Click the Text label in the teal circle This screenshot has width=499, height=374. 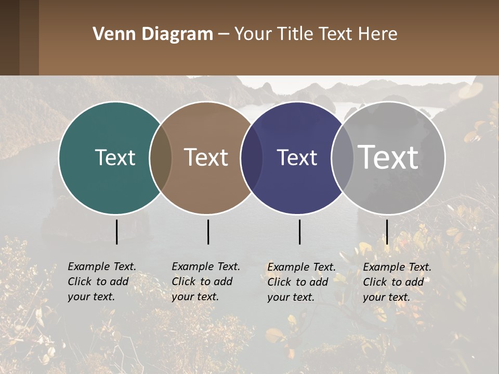click(x=115, y=157)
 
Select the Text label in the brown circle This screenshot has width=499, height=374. click(x=206, y=157)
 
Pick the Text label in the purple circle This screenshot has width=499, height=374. click(x=297, y=157)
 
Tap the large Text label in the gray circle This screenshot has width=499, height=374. click(x=388, y=157)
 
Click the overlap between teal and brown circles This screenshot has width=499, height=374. click(x=161, y=157)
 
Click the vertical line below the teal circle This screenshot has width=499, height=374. click(x=117, y=232)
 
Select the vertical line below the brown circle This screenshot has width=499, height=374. click(x=208, y=232)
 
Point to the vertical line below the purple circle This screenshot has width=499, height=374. click(x=300, y=232)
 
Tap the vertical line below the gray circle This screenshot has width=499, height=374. click(x=387, y=232)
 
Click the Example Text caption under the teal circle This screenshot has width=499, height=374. click(x=101, y=282)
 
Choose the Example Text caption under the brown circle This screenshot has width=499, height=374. click(x=205, y=282)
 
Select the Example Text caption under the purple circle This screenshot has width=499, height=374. click(x=301, y=282)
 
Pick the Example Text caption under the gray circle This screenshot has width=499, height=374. click(x=397, y=282)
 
